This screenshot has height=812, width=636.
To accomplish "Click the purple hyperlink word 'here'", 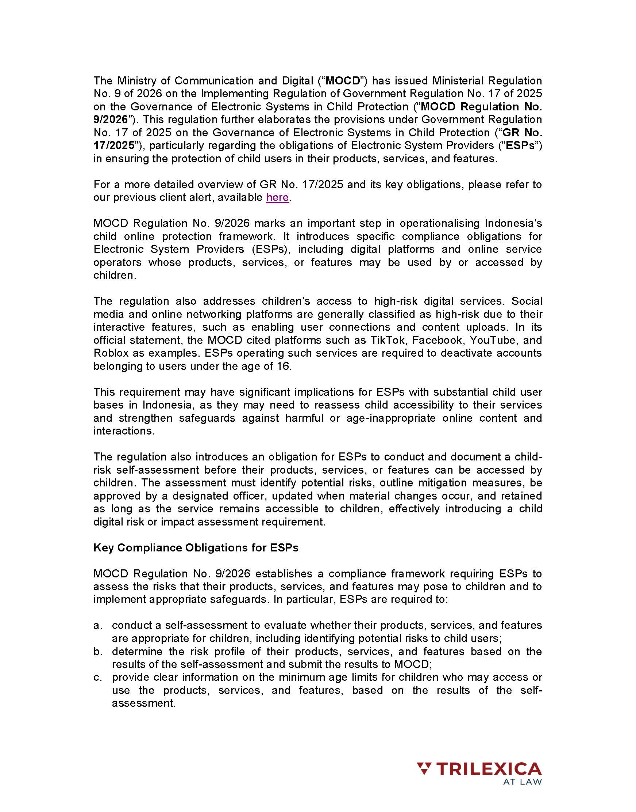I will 277,197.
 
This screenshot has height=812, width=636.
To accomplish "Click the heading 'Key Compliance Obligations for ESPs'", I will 196,548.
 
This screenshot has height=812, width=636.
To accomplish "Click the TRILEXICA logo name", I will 489,769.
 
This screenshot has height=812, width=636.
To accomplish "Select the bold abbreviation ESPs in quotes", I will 520,145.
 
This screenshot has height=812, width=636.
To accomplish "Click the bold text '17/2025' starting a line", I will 113,145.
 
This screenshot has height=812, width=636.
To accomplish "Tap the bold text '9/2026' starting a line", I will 110,119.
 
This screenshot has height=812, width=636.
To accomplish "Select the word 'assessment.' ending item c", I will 143,703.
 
